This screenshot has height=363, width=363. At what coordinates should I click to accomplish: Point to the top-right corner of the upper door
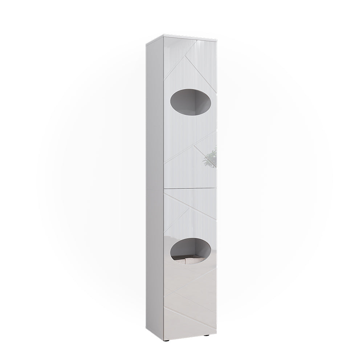[x=216, y=37]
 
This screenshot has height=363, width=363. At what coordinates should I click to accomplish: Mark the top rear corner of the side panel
[x=146, y=44]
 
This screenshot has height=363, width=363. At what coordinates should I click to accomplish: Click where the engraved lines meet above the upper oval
[x=189, y=58]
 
